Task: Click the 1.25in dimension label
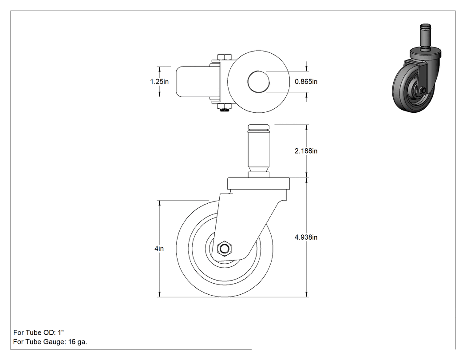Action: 159,81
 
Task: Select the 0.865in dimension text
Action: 306,81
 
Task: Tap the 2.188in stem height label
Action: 306,151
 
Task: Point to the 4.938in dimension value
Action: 306,237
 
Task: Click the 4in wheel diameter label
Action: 159,249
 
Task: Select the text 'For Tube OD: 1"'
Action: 39,332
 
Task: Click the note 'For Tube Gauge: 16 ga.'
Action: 50,342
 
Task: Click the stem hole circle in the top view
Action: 259,81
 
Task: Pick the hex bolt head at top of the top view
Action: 225,57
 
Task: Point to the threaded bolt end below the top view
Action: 225,111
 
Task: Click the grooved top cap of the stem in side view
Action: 259,128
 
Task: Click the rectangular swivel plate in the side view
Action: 259,184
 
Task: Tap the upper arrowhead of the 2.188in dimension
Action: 307,127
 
